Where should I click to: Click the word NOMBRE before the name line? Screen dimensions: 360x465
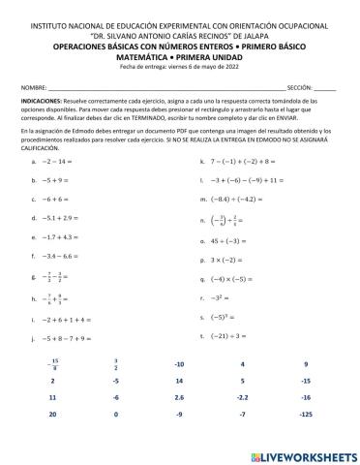click(x=33, y=87)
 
